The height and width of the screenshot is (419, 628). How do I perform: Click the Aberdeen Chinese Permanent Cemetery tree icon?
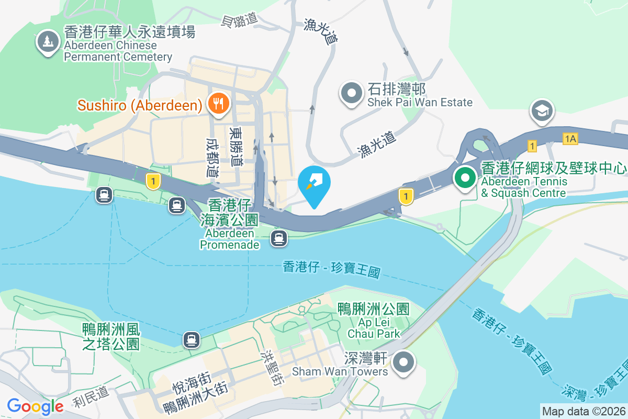48,41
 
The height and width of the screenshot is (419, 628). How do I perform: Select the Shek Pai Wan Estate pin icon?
352,94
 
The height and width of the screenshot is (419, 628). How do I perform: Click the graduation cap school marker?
542,111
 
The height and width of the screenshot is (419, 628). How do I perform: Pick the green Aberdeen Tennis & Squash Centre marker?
464,178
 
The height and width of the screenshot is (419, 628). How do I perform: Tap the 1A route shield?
570,138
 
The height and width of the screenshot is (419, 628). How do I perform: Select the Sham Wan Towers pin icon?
404,362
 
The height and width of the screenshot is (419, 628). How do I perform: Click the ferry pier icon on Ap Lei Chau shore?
192,340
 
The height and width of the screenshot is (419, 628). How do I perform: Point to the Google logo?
35,406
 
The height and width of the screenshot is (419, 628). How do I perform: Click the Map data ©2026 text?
583,411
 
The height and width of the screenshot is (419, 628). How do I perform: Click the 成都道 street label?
212,157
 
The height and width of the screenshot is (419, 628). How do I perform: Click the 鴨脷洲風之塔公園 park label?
111,336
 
